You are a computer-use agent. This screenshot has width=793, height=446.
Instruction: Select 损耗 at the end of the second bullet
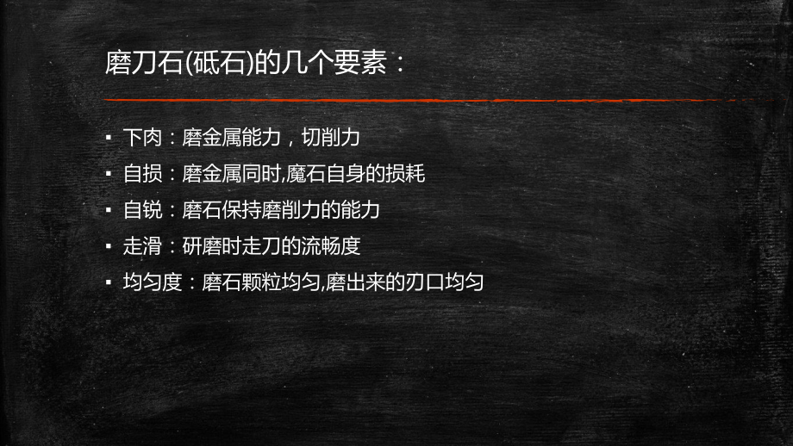(x=406, y=173)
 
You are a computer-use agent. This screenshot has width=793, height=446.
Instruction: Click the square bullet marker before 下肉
(x=108, y=137)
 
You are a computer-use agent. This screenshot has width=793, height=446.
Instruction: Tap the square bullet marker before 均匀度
(x=108, y=282)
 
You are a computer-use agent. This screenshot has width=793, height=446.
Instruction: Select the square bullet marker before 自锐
(x=108, y=209)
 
